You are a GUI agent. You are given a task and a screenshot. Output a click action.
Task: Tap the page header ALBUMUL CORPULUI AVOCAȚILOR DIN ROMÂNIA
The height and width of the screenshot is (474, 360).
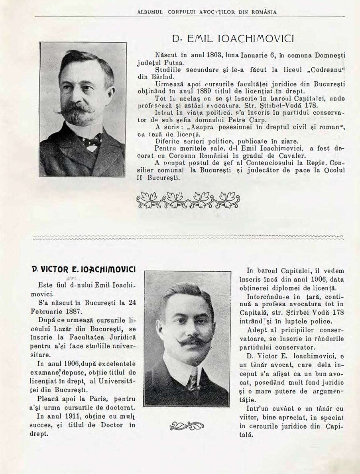click(x=207, y=12)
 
